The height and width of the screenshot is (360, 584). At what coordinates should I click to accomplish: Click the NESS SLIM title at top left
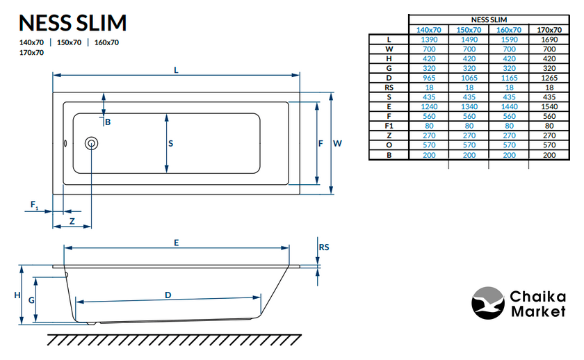coord(73,23)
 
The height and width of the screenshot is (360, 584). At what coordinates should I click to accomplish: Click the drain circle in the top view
coord(92,144)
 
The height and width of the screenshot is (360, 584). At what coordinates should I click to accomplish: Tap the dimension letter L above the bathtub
coord(177,69)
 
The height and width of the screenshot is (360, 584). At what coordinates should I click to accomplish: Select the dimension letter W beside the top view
coord(337,144)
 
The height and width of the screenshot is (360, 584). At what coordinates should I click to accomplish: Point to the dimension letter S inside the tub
coord(171,144)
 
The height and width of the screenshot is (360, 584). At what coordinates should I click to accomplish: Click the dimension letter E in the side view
coord(177,243)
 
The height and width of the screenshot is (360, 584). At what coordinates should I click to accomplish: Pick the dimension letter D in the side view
coord(168,295)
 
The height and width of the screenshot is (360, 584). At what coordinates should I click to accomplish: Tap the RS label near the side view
coord(323,247)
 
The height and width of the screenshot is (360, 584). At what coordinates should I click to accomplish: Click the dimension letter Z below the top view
coord(72,221)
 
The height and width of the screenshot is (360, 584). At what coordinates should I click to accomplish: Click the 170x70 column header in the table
coord(549,30)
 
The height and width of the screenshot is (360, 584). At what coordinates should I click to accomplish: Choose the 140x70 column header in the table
coord(428,30)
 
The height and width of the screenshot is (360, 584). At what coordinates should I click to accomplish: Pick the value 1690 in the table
coord(549,40)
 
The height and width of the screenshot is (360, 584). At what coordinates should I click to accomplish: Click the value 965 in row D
coord(428,78)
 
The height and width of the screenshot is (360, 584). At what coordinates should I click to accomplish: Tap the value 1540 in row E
coord(549,107)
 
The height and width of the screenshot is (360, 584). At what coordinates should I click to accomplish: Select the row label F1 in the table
coord(389,126)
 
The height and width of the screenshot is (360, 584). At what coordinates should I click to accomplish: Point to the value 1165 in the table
coord(509,78)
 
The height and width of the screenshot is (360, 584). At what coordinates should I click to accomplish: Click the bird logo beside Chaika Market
coord(487,304)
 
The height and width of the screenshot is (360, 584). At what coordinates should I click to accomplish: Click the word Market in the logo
coord(538,312)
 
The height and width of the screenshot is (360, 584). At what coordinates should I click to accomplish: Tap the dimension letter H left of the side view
coord(17,295)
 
